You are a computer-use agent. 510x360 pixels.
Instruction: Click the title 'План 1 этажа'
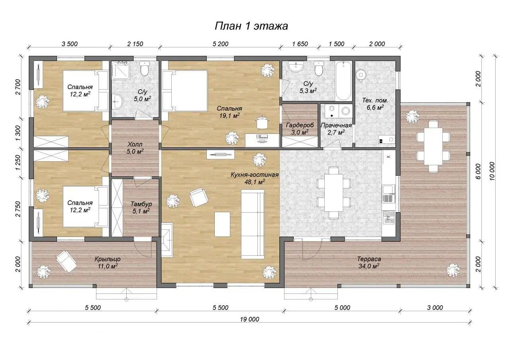[251, 26]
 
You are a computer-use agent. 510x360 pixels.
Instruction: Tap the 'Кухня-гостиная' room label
[255, 175]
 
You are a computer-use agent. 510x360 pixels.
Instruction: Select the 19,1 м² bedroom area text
[229, 115]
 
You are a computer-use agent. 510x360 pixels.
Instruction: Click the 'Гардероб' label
[300, 125]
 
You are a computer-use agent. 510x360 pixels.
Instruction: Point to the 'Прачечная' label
[336, 125]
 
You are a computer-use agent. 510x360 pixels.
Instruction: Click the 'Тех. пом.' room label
[375, 100]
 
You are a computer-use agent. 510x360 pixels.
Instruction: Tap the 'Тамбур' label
[141, 204]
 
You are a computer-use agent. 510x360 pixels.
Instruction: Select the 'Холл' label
[135, 144]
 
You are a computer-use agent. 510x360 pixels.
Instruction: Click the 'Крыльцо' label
[108, 259]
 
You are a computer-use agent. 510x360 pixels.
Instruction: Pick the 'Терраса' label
[369, 259]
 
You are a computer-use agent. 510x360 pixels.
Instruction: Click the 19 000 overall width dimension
[249, 319]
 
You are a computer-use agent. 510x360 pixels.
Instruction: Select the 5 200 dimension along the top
[220, 44]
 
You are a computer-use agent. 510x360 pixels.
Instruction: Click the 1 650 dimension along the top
[300, 44]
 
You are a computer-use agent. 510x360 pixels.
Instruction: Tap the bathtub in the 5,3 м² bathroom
[344, 80]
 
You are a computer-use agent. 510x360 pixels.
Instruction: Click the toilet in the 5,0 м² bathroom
[145, 68]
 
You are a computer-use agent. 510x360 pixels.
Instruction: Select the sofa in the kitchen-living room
[253, 224]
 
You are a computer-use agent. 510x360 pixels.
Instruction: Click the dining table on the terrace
[433, 146]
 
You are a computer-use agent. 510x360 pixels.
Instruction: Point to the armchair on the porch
[66, 261]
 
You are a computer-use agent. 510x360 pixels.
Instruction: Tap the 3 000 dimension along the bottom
[435, 308]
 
